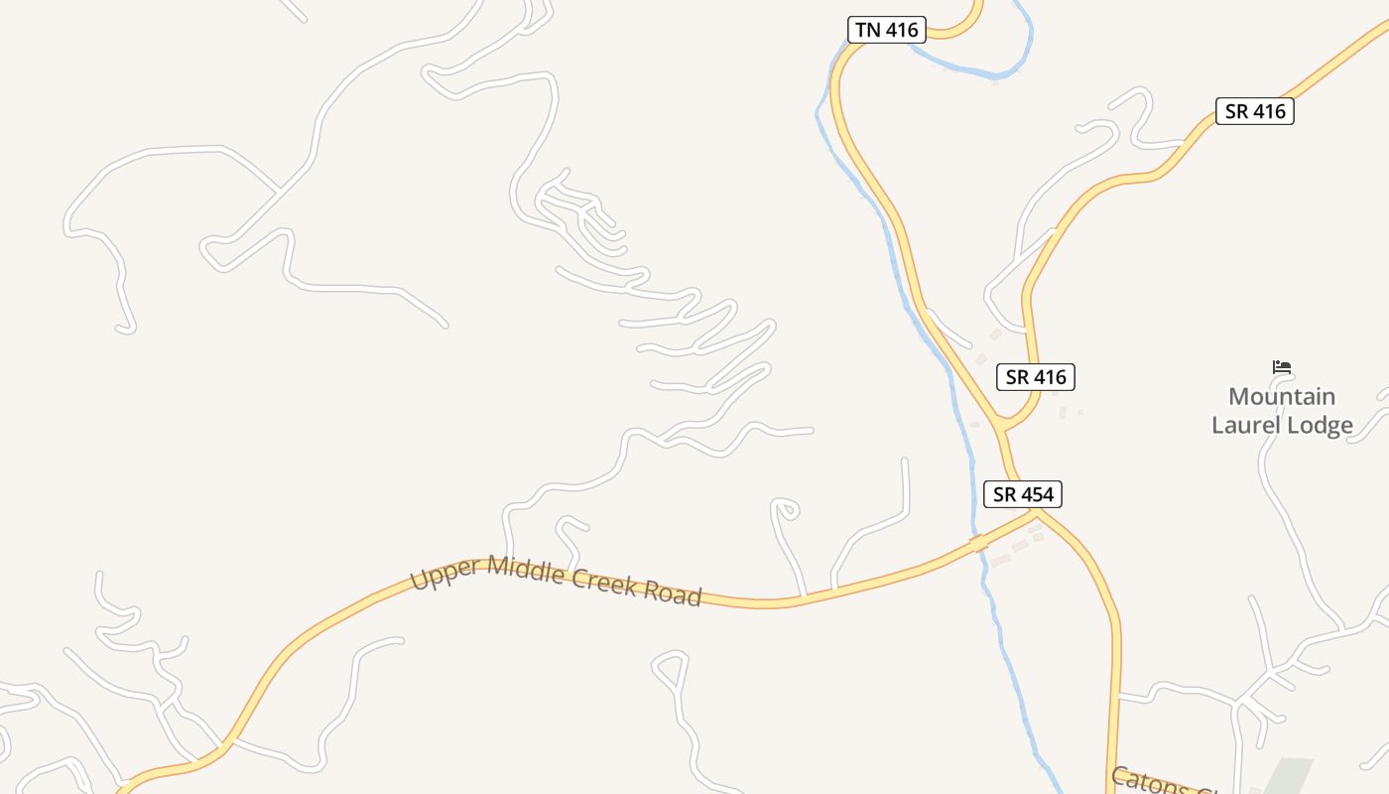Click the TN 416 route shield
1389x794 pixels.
coord(886,30)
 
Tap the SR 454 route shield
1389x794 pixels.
coord(1022,493)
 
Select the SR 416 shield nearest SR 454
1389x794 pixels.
coord(1035,377)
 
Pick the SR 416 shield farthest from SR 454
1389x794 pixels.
coord(1254,111)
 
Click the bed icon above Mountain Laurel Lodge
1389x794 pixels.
coord(1282,367)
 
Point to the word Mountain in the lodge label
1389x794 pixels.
coord(1282,397)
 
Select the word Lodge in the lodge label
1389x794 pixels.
coord(1320,426)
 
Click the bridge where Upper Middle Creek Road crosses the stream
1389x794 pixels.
coord(980,543)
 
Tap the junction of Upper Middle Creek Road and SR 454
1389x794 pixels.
coord(1035,512)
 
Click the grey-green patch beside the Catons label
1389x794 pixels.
coord(1287,776)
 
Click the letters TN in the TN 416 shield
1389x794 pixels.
coord(867,30)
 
